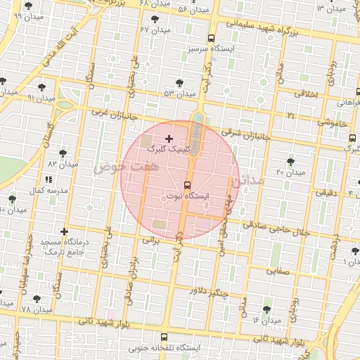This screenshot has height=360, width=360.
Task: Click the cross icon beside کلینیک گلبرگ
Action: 169,139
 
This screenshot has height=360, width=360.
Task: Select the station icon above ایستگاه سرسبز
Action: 212,39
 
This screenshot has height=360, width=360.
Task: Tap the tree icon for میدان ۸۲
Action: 63,153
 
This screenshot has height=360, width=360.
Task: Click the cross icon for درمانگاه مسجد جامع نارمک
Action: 65,231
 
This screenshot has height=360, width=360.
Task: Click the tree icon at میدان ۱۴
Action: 267,309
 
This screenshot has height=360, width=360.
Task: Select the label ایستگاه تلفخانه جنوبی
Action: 165,348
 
